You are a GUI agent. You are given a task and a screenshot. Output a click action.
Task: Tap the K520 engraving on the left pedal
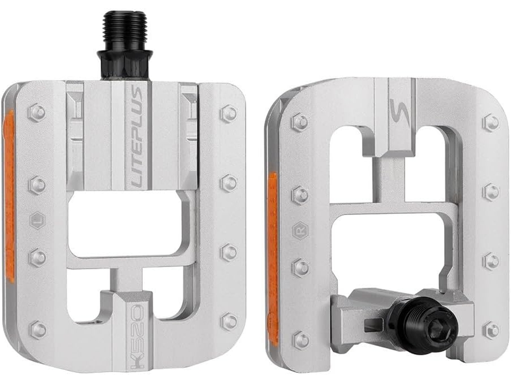coord(137,336)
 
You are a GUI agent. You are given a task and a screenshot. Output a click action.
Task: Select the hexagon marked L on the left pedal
coord(38,220)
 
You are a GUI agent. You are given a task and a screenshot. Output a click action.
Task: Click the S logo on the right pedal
coord(398,112)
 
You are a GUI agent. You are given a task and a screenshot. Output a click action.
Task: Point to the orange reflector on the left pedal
coord(9,196)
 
